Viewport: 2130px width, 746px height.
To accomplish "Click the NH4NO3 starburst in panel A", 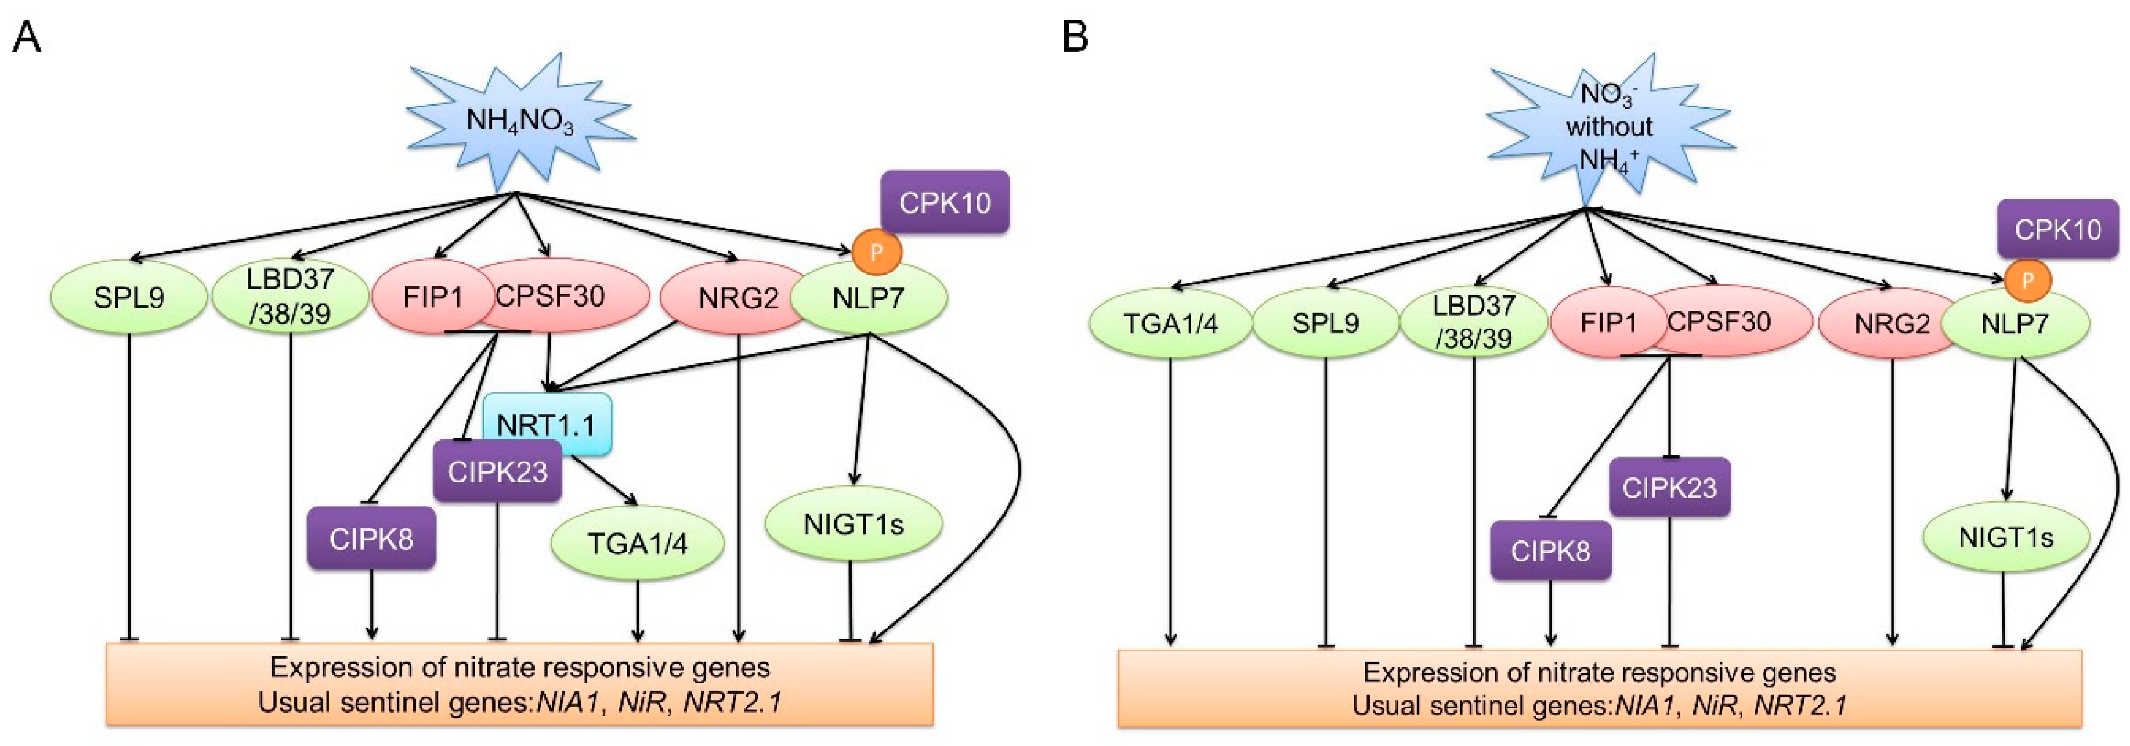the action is [x=519, y=122].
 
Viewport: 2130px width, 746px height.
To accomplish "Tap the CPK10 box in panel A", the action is [x=945, y=202].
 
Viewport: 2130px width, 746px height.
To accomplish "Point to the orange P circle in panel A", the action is [x=877, y=251].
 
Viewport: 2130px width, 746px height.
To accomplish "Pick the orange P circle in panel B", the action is [x=2027, y=281].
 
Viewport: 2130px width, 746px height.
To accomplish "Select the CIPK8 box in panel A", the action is [x=371, y=538].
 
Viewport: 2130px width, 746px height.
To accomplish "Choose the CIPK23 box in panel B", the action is [x=1669, y=487].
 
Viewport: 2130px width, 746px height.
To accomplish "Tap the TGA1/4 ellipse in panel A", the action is [x=638, y=543].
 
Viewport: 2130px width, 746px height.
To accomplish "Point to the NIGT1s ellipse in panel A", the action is [x=854, y=524].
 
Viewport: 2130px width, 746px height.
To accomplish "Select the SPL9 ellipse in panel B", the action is [x=1325, y=323].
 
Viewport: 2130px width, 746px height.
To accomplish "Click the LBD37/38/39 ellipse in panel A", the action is [x=290, y=296].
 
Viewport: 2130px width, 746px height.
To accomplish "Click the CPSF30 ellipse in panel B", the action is [x=1720, y=321].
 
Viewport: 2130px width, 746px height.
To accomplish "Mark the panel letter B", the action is [x=1075, y=37].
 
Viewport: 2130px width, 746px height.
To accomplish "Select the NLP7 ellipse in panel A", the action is [x=869, y=298].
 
